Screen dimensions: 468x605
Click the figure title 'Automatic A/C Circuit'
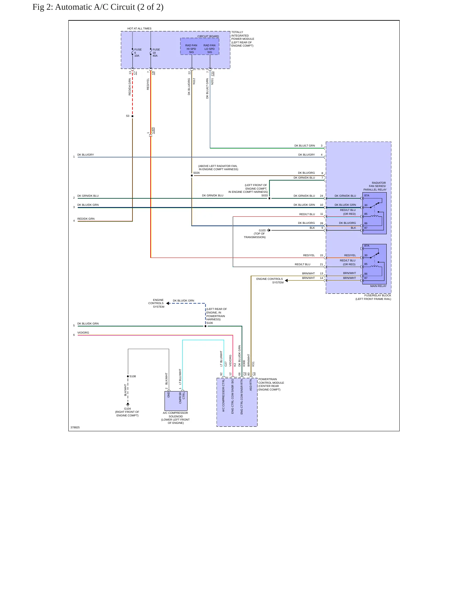[95, 7]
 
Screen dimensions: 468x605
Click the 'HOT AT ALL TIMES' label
[139, 28]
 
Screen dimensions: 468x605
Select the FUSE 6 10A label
[138, 53]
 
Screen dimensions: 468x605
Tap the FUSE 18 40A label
[156, 53]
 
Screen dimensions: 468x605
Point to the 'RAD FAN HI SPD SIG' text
[191, 49]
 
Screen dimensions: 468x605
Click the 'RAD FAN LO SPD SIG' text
[210, 49]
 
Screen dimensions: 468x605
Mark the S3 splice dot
[132, 116]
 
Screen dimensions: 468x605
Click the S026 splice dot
[192, 176]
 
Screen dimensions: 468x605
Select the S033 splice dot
[269, 198]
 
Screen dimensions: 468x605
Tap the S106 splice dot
[205, 326]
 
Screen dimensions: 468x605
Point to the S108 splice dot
[128, 376]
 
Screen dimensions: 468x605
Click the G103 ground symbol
[269, 230]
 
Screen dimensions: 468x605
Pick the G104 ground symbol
[128, 404]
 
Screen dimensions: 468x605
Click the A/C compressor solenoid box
[176, 401]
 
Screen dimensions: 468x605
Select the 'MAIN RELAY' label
[378, 286]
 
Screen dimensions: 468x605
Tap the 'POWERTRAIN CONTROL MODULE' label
[271, 381]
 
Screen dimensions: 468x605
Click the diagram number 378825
[75, 427]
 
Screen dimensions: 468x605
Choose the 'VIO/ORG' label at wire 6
[83, 333]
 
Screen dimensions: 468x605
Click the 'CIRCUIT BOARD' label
[208, 36]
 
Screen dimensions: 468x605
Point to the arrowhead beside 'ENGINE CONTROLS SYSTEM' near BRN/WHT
[286, 280]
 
